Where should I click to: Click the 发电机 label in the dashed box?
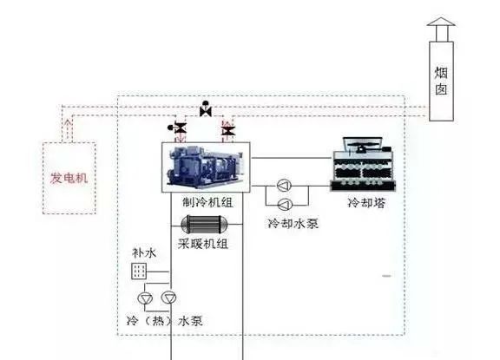click(x=69, y=178)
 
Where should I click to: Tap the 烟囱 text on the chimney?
click(x=441, y=81)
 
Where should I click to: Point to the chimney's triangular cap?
click(x=441, y=22)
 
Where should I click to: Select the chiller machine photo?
click(x=206, y=167)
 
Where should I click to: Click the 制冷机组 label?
click(x=207, y=202)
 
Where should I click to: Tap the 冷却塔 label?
click(x=366, y=203)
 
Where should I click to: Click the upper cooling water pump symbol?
click(x=284, y=186)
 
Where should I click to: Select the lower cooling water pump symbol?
click(x=285, y=205)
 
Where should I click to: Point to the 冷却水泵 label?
click(x=293, y=223)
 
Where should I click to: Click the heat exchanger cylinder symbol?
click(x=204, y=225)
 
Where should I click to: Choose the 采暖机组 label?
click(x=203, y=244)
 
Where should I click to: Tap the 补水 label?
click(x=144, y=253)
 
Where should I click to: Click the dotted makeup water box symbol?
click(x=139, y=272)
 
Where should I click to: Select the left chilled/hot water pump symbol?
click(x=145, y=298)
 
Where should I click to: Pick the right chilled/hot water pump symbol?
click(x=169, y=298)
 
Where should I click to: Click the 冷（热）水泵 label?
click(x=165, y=320)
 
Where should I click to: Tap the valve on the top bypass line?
click(x=206, y=109)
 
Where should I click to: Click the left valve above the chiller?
click(x=178, y=128)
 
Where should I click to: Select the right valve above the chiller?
click(x=228, y=131)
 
